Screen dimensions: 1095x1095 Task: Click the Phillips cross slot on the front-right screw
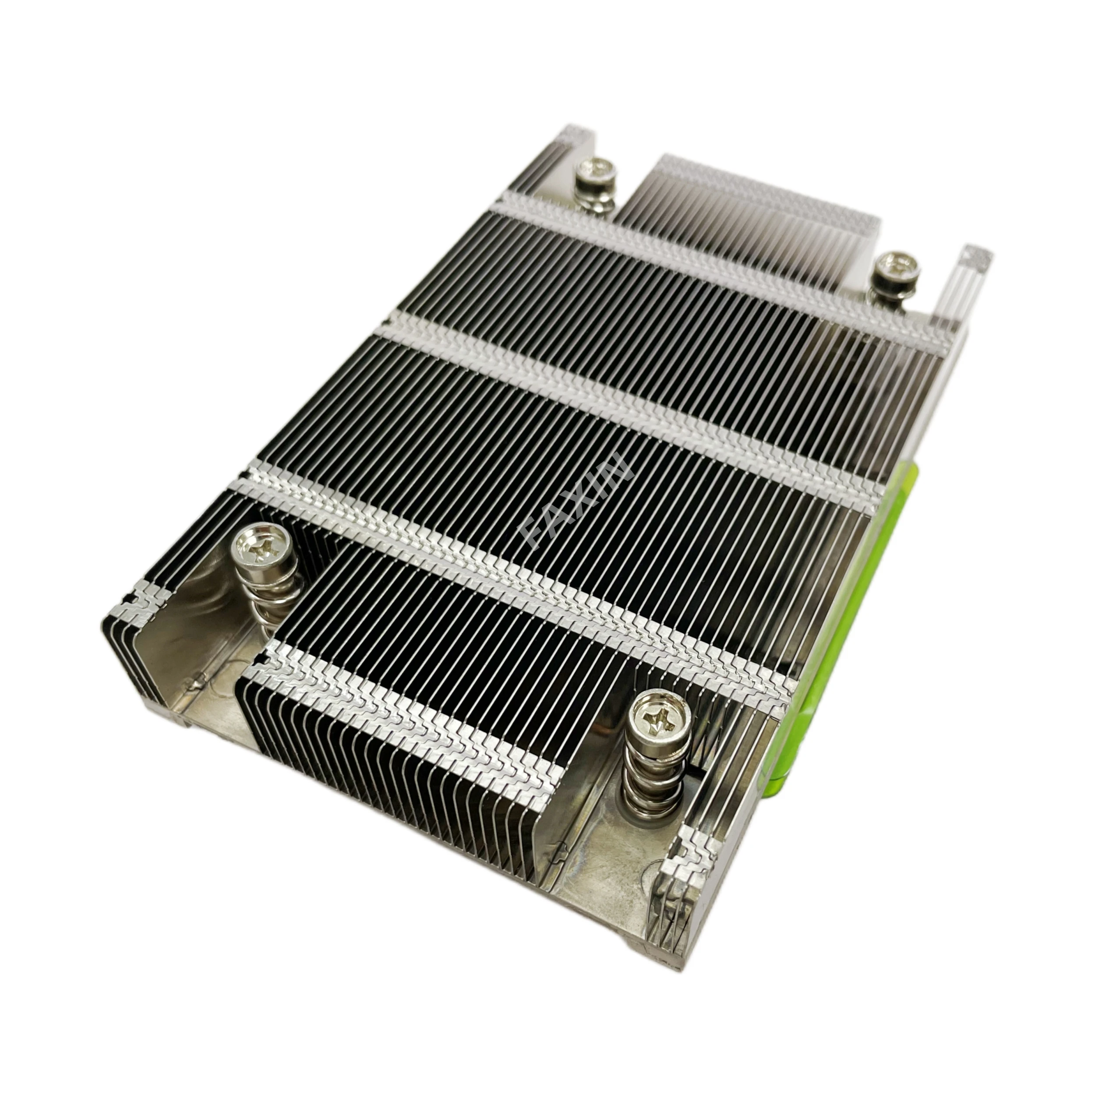(659, 722)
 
